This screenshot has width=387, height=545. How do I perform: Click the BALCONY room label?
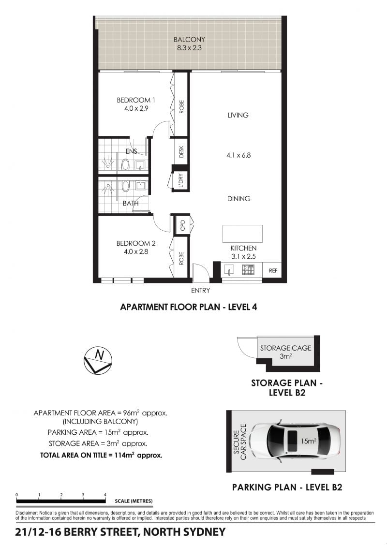pyautogui.click(x=189, y=40)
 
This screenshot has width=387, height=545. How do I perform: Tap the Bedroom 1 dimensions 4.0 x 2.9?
pyautogui.click(x=136, y=108)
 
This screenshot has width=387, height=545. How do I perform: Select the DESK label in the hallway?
pyautogui.click(x=181, y=152)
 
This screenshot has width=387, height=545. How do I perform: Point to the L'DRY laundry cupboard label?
pyautogui.click(x=181, y=180)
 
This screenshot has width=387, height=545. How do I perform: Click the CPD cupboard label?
pyautogui.click(x=182, y=225)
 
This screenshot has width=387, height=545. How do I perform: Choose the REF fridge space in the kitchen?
pyautogui.click(x=273, y=270)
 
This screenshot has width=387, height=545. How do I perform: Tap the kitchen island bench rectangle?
pyautogui.click(x=242, y=234)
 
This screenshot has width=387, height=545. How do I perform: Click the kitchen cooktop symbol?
pyautogui.click(x=248, y=270)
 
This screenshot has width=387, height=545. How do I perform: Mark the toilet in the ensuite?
pyautogui.click(x=125, y=165)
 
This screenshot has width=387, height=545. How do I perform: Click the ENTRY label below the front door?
pyautogui.click(x=201, y=291)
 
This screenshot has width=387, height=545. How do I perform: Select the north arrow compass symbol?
pyautogui.click(x=98, y=360)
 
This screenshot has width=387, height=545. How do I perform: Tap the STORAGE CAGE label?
pyautogui.click(x=286, y=348)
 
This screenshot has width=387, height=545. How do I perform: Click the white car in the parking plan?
pyautogui.click(x=294, y=440)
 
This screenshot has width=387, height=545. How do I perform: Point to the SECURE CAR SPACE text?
pyautogui.click(x=239, y=442)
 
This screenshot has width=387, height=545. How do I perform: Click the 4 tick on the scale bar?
pyautogui.click(x=105, y=495)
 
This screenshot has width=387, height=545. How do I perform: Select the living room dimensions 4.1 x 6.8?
pyautogui.click(x=238, y=155)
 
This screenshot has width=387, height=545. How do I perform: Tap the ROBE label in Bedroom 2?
pyautogui.click(x=181, y=259)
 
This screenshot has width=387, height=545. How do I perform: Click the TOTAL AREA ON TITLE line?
pyautogui.click(x=101, y=455)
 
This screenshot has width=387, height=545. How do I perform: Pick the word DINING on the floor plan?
pyautogui.click(x=239, y=198)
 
